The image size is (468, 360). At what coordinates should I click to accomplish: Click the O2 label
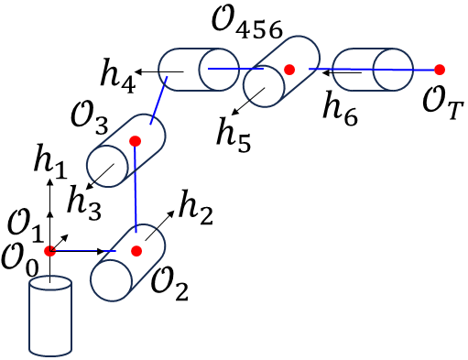(170, 291)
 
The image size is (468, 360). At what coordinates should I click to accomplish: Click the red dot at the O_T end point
(440, 70)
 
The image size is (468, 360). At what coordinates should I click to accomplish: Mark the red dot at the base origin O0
(50, 251)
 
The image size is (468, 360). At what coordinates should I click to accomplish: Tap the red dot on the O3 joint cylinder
(135, 141)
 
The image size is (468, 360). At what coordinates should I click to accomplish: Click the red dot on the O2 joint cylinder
(136, 251)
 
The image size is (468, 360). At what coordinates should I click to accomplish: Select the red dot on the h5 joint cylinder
(289, 69)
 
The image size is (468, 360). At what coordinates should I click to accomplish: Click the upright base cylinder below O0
(50, 316)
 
